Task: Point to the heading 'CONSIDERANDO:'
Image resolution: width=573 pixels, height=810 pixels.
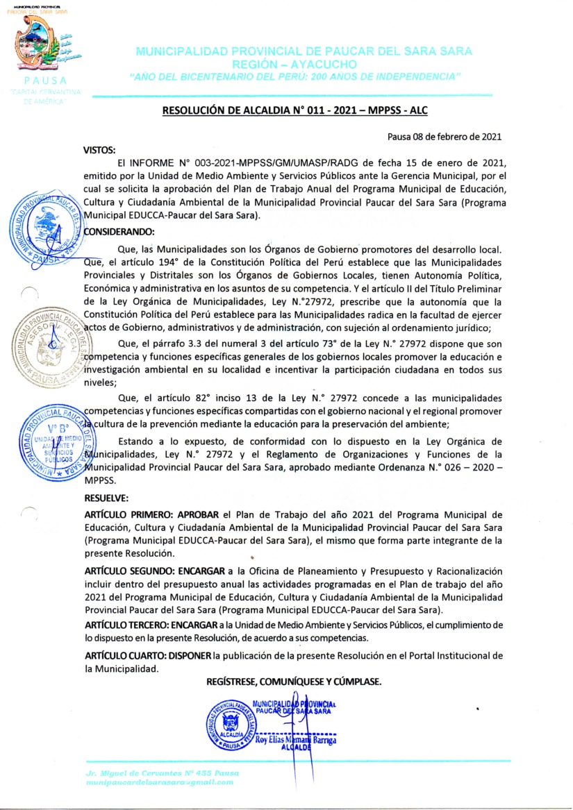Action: tap(119, 232)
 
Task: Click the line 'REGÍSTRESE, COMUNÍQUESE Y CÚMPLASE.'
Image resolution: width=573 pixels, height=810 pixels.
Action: tap(294, 682)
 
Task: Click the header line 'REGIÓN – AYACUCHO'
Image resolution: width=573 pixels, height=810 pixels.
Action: tap(304, 63)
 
